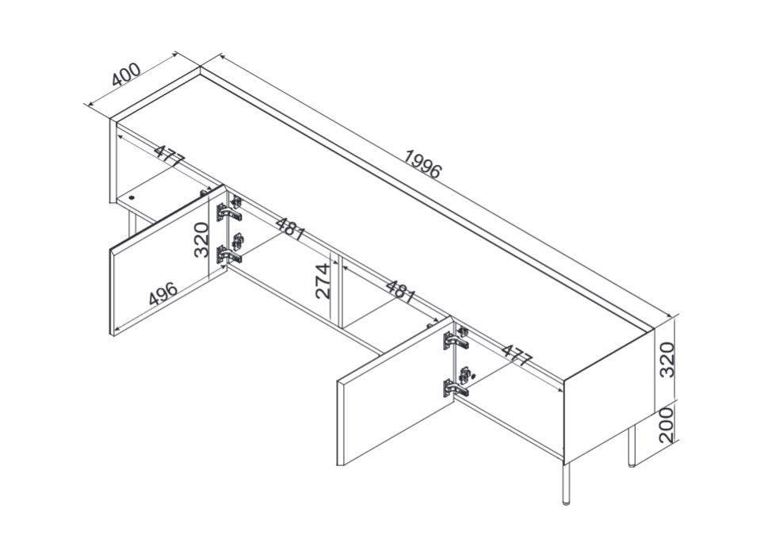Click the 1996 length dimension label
click(x=422, y=164)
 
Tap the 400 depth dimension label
click(x=126, y=75)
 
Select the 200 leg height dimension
click(x=667, y=425)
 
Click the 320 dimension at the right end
click(x=667, y=359)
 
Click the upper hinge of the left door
click(x=229, y=209)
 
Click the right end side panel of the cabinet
click(x=606, y=396)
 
